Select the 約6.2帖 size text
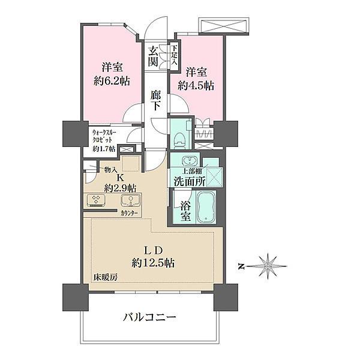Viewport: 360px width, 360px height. click(x=112, y=81)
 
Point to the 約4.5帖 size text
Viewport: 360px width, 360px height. click(x=196, y=86)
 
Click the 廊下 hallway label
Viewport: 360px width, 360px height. click(x=155, y=100)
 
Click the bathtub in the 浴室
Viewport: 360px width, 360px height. click(x=206, y=207)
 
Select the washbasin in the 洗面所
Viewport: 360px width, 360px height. click(x=190, y=160)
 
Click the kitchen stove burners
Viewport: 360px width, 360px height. click(x=96, y=200)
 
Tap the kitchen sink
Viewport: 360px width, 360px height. click(x=131, y=200)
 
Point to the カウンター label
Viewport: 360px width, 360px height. click(x=129, y=213)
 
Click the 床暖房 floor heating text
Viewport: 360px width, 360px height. click(x=106, y=278)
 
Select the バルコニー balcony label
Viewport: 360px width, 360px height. click(x=149, y=317)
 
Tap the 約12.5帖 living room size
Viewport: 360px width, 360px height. click(x=152, y=263)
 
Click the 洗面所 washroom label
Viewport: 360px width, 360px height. click(x=190, y=182)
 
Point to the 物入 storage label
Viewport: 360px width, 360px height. click(x=110, y=170)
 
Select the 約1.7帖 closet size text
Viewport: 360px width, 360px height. click(x=104, y=149)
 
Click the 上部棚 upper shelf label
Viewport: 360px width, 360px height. click(x=192, y=172)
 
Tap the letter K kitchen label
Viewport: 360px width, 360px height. click(x=119, y=178)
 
